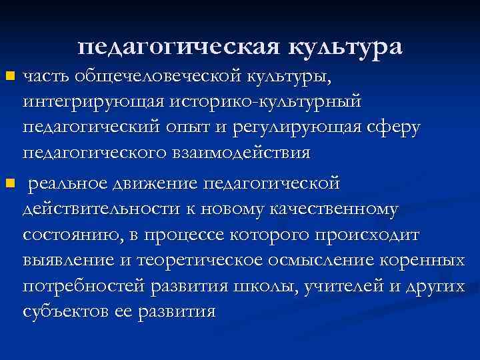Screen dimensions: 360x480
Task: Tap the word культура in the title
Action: [x=347, y=47]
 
